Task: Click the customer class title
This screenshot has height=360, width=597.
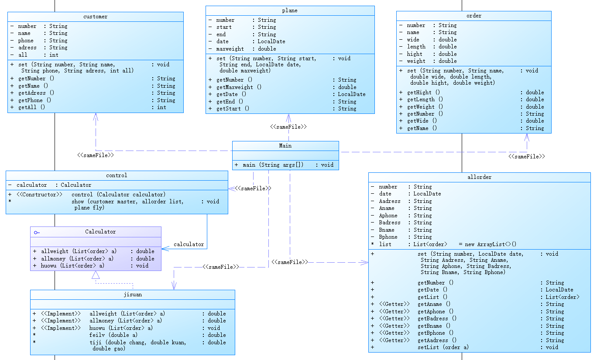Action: (95, 17)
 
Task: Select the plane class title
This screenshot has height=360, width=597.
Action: (290, 10)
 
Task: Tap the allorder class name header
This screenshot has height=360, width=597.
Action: (479, 177)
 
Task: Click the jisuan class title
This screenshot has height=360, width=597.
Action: (133, 295)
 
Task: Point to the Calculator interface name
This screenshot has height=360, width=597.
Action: (100, 232)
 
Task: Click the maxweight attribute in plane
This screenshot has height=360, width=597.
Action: (230, 48)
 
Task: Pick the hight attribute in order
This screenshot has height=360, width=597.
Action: (415, 54)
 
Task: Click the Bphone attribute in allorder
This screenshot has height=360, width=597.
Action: (388, 237)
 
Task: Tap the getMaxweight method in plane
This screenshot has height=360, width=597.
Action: (239, 87)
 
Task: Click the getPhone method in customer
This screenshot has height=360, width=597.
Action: (35, 100)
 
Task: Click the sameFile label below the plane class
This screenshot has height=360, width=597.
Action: (288, 127)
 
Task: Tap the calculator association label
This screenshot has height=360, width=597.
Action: (189, 244)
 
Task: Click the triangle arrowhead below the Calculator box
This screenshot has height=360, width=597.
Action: (96, 275)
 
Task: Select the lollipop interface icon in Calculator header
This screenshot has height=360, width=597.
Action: (37, 232)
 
